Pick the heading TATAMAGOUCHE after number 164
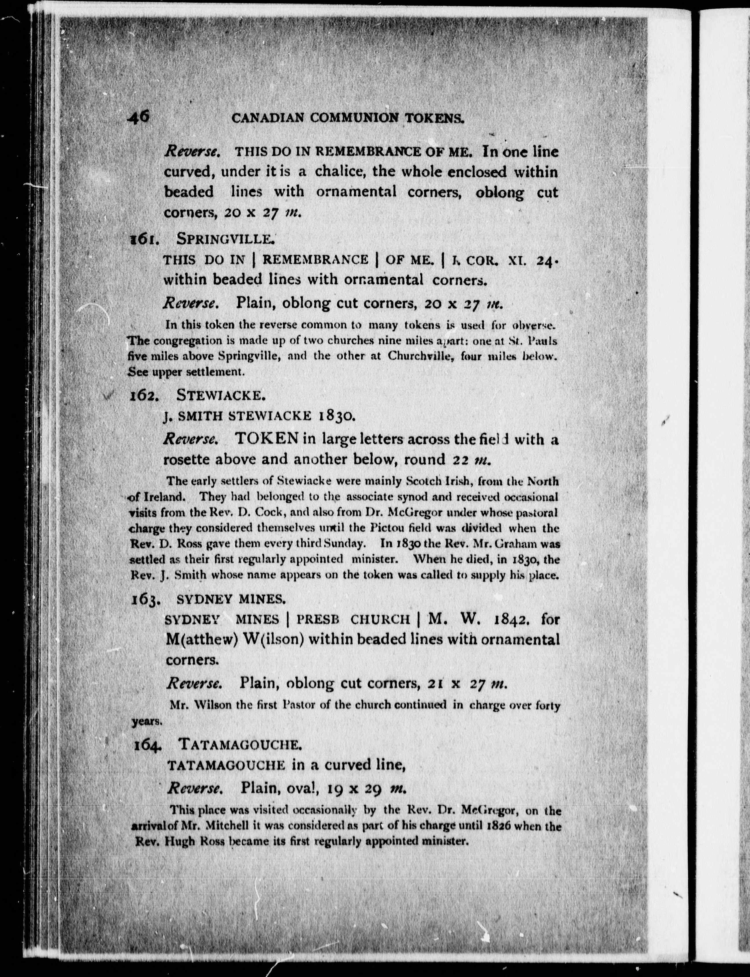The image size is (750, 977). point(239,744)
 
